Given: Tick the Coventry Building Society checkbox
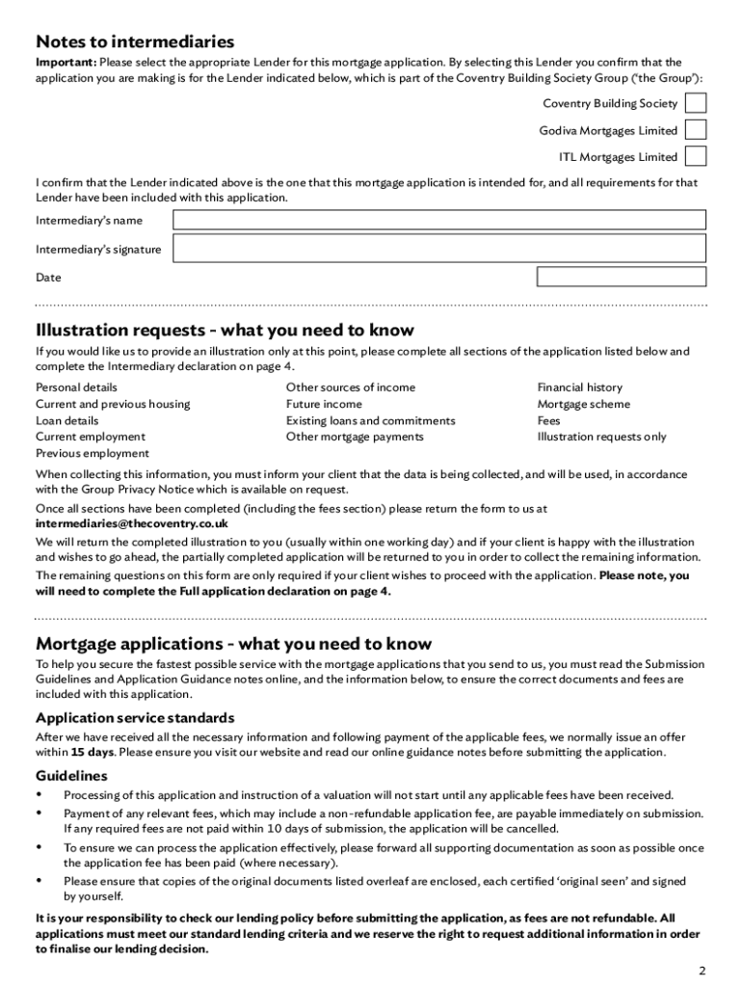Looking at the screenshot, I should pyautogui.click(x=695, y=103).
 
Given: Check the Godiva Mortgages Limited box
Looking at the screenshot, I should pyautogui.click(x=695, y=130).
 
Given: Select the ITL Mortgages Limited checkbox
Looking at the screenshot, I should pyautogui.click(x=695, y=156).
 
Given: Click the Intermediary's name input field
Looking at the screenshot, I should pyautogui.click(x=438, y=221).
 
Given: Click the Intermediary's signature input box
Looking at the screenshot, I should pyautogui.click(x=438, y=250).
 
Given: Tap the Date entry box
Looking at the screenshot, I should pyautogui.click(x=621, y=277).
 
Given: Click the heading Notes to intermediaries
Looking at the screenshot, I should pyautogui.click(x=135, y=41).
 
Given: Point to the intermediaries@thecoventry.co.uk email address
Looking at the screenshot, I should pyautogui.click(x=132, y=523).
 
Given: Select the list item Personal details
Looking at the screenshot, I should pyautogui.click(x=77, y=387).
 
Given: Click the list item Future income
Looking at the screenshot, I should pyautogui.click(x=324, y=404).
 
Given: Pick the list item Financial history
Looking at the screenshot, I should pyautogui.click(x=580, y=387).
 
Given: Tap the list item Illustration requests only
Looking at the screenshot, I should pyautogui.click(x=601, y=437).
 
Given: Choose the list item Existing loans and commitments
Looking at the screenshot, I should pyautogui.click(x=370, y=420).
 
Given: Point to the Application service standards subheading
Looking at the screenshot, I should pyautogui.click(x=135, y=718).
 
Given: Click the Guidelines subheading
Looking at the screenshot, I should pyautogui.click(x=71, y=776).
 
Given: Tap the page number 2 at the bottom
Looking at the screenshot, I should pyautogui.click(x=702, y=970).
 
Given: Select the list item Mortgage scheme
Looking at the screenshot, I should pyautogui.click(x=584, y=404).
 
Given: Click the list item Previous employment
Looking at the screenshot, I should pyautogui.click(x=93, y=453).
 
